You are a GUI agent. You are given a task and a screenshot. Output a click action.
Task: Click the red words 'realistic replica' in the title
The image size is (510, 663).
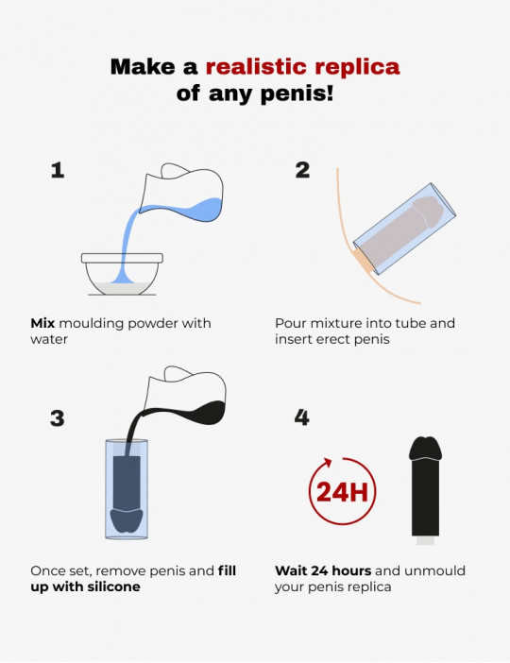[x=302, y=67]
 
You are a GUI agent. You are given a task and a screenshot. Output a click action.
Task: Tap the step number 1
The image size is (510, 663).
[x=58, y=170]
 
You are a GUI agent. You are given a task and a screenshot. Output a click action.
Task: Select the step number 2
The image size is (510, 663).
[x=302, y=170]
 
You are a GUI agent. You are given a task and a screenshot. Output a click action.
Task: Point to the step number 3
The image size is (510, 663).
[x=58, y=416]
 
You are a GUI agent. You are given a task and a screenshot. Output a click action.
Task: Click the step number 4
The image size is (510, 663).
[x=302, y=416]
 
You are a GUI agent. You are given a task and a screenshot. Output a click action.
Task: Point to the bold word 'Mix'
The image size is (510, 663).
[x=44, y=323]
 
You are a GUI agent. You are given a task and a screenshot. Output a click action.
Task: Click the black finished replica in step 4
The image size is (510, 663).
[x=425, y=486]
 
